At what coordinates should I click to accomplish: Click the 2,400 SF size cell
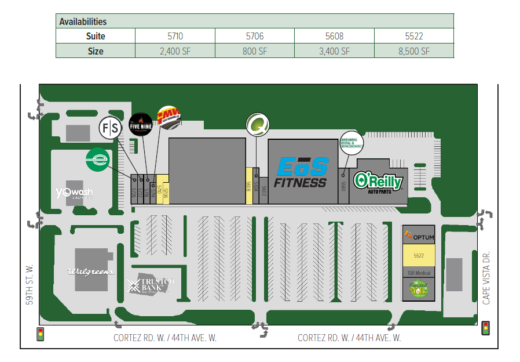pos(175,51)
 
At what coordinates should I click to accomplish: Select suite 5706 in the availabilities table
pos(255,36)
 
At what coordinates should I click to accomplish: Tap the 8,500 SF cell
pos(414,51)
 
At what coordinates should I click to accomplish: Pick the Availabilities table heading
pos(83,21)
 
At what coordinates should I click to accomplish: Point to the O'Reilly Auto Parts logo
pos(378,182)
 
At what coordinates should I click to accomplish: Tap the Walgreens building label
pos(90,271)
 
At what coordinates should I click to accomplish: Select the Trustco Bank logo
pos(151,285)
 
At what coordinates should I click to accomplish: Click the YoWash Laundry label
pos(74,193)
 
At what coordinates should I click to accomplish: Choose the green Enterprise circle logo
pos(98,160)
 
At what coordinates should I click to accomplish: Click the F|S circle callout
pos(111,127)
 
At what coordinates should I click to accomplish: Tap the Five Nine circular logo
pos(140,123)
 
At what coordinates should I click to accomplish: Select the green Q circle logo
pos(256,124)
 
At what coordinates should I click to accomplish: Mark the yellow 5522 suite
pos(418,256)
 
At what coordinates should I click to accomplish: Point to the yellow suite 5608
pos(249,186)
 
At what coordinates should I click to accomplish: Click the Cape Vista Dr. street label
pos(486,277)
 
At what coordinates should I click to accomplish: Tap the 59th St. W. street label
pos(30,284)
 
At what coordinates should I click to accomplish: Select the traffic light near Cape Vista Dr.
pos(485,328)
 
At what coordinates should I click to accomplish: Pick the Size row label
pos(96,51)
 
